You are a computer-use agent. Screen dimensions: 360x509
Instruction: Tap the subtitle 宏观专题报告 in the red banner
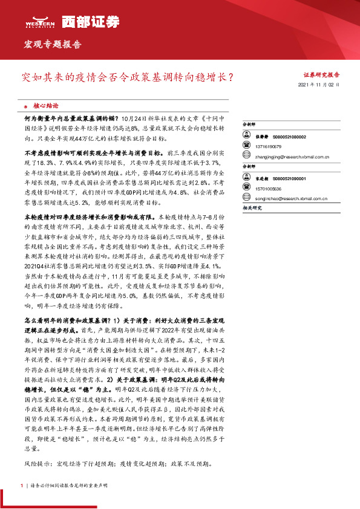point(52,44)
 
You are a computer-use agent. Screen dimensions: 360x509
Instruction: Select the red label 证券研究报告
point(321,75)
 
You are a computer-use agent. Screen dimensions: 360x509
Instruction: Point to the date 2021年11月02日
point(319,85)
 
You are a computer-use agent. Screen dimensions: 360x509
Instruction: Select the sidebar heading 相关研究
point(250,207)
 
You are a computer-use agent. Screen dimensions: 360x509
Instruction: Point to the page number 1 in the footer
point(22,485)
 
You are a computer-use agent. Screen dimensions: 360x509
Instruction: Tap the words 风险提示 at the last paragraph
point(37,464)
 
